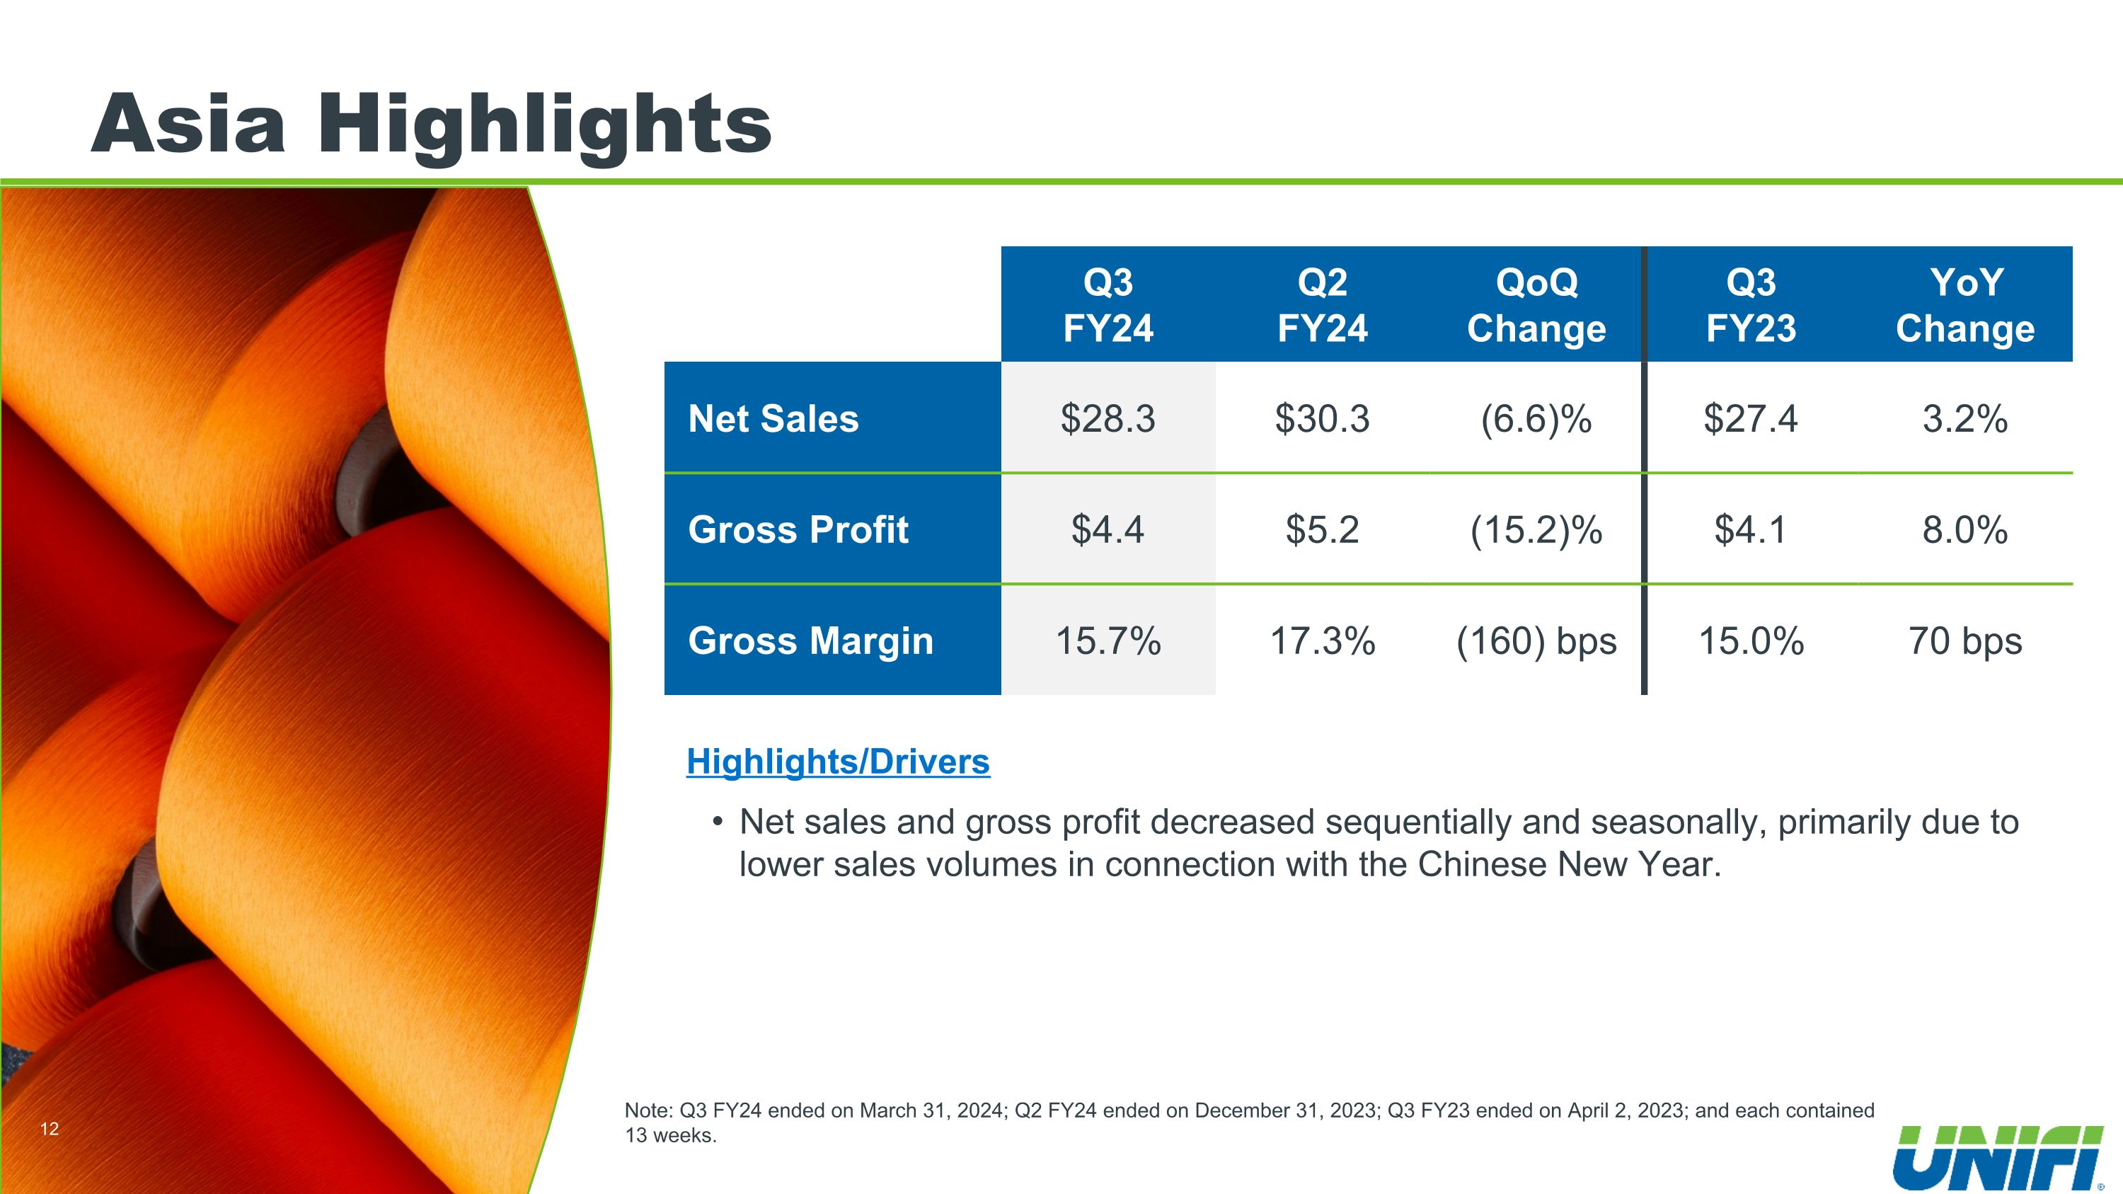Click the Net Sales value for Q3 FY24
[x=1107, y=418]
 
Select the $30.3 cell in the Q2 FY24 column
[x=1322, y=418]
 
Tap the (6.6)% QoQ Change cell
[x=1536, y=418]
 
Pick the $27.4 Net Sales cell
[x=1751, y=418]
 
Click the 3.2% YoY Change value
[x=1964, y=418]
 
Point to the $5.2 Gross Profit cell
[x=1322, y=529]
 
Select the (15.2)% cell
[x=1536, y=529]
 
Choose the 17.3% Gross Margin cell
[x=1322, y=641]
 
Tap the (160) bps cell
[x=1536, y=641]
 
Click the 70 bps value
[x=1964, y=641]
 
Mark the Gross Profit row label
[x=798, y=529]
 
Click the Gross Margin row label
[x=810, y=641]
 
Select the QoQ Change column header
[x=1536, y=305]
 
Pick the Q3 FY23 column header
[x=1751, y=305]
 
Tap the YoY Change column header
[x=1964, y=305]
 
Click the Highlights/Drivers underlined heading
[x=837, y=762]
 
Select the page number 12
[x=50, y=1129]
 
